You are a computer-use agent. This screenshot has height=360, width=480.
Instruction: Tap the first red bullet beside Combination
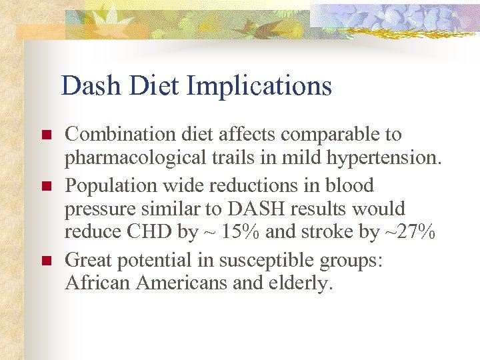point(46,135)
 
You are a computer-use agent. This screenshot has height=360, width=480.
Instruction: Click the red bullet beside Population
point(46,186)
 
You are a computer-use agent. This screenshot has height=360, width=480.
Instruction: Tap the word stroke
point(342,233)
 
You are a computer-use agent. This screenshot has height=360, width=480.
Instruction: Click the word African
point(97,283)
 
